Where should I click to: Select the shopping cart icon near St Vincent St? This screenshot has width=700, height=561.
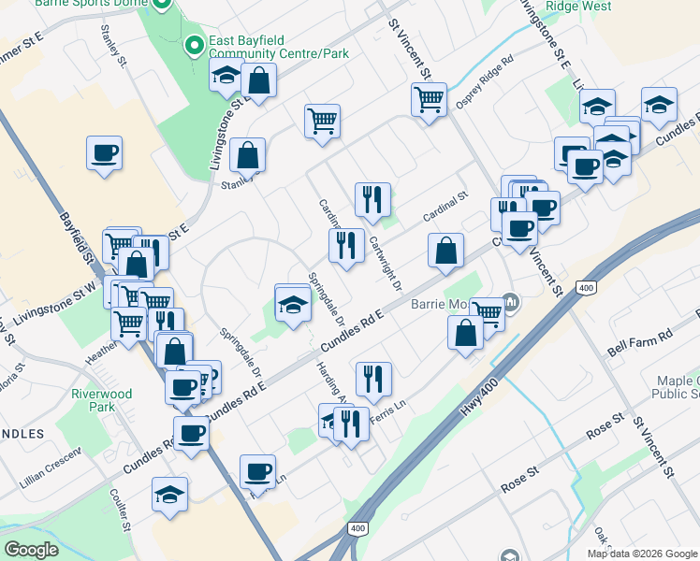[429, 97]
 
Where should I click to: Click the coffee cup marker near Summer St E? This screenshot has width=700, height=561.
[105, 152]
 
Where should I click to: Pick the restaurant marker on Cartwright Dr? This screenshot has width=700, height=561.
[372, 199]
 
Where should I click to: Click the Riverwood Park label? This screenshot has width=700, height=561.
[102, 400]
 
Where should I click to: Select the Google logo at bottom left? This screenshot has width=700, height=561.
[32, 550]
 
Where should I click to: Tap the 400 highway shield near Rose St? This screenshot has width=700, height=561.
[357, 528]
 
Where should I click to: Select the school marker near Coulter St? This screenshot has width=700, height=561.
[170, 493]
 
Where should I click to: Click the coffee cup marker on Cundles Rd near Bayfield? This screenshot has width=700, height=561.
[192, 433]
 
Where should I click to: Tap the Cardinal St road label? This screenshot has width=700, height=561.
[443, 206]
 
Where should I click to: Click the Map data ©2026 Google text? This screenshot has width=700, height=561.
[642, 554]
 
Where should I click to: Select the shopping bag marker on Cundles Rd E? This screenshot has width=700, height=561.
[446, 251]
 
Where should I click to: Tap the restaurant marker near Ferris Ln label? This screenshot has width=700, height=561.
[373, 379]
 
